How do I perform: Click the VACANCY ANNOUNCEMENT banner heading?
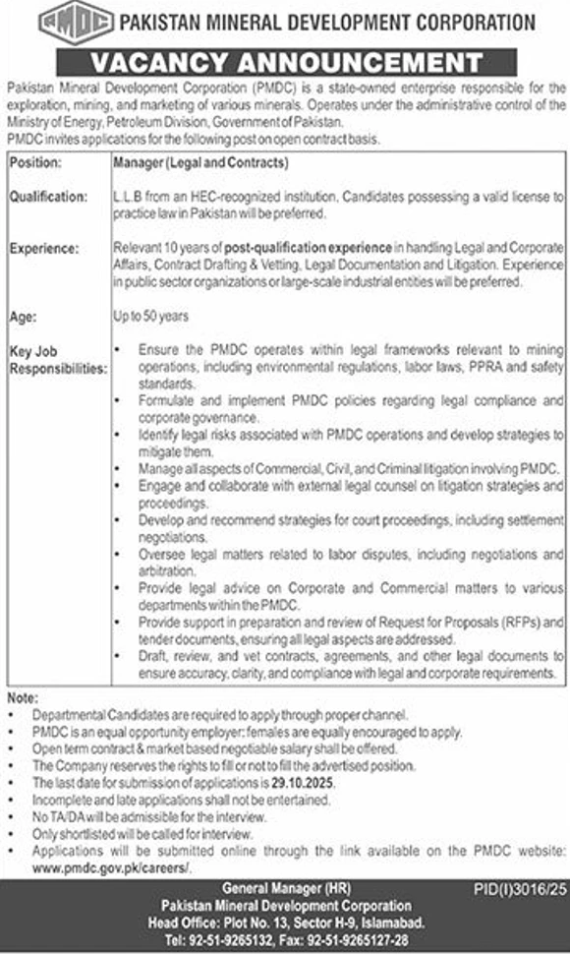(x=284, y=62)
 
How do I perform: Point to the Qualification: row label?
(x=48, y=197)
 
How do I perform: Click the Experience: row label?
(x=44, y=251)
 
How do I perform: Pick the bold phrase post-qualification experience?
(x=309, y=251)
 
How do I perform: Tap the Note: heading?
(x=23, y=697)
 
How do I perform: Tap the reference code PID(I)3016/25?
(x=521, y=888)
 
